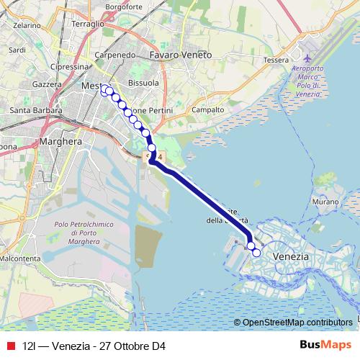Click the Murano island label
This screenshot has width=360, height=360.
coord(325,203)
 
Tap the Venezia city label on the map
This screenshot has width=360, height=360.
coord(292,256)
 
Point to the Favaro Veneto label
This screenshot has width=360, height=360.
coord(180,54)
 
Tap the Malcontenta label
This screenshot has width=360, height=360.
coord(19,258)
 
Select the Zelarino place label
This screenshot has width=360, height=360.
coord(26,24)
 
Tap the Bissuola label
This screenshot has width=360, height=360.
coord(143,83)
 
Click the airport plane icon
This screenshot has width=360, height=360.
coord(309,57)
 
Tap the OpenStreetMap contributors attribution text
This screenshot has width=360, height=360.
coord(297,322)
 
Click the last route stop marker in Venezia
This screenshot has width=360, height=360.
coord(256,253)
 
